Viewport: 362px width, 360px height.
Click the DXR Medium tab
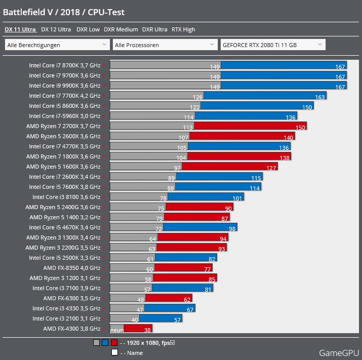click(x=120, y=29)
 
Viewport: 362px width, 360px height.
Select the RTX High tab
click(x=183, y=29)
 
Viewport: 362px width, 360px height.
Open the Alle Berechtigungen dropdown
click(x=57, y=45)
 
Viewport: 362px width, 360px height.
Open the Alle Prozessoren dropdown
click(x=165, y=45)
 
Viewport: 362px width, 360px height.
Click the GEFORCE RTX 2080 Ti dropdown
click(x=272, y=45)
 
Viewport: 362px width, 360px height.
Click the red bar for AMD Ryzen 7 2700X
click(x=250, y=126)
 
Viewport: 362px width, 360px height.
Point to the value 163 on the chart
click(x=320, y=96)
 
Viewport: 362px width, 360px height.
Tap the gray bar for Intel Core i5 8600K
click(x=155, y=106)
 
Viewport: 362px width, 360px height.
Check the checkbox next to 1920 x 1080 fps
click(x=173, y=343)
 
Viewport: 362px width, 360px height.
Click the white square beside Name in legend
click(x=114, y=352)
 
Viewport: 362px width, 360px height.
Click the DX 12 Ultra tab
click(x=56, y=29)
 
